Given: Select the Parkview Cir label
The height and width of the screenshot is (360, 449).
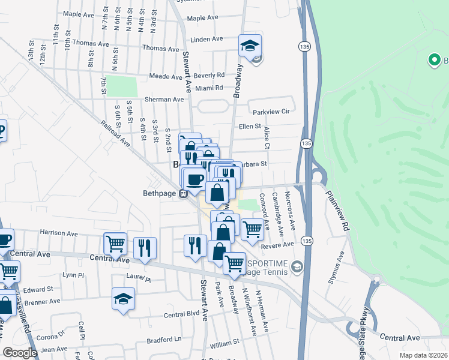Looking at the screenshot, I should (271, 112).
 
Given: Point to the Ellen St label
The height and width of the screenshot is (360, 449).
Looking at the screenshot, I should (250, 127).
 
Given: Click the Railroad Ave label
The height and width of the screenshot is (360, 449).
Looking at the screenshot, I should (116, 133).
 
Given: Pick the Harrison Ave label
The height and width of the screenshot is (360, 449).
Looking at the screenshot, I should (59, 232).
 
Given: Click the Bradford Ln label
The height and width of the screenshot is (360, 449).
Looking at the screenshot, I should (164, 340).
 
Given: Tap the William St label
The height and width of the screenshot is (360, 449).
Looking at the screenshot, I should (224, 344).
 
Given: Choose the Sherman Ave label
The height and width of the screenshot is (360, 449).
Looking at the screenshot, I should (164, 99).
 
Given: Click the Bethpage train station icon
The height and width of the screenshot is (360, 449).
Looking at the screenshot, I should (185, 193).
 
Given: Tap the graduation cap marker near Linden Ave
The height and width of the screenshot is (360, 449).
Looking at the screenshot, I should (250, 45).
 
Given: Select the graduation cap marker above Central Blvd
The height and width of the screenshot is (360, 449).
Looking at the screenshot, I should (124, 298).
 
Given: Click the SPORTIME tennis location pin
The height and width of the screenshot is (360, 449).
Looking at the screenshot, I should (296, 266).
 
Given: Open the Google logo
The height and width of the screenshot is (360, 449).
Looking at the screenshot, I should (20, 353).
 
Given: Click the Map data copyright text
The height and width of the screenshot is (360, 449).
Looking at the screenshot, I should (423, 355).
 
